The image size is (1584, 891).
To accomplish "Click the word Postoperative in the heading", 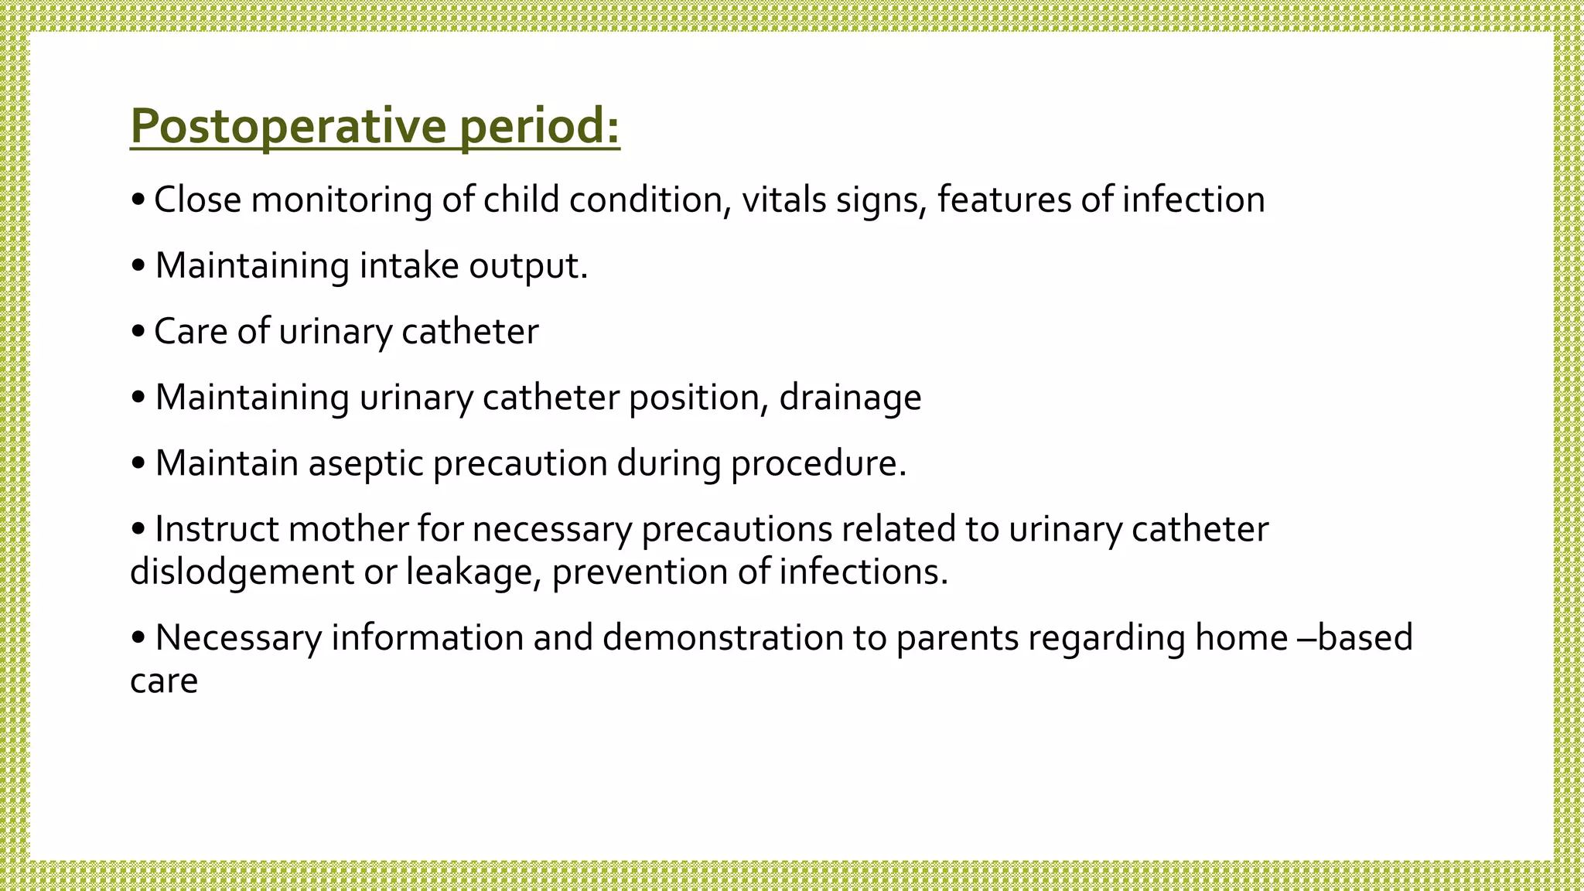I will click(288, 125).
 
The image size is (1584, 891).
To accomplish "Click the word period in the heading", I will click(538, 125).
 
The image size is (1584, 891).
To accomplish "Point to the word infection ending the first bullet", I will click(1193, 200).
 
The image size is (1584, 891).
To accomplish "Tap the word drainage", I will click(849, 398).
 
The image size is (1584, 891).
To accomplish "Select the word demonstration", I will click(722, 638).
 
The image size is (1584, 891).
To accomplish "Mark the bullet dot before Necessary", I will click(138, 639).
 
